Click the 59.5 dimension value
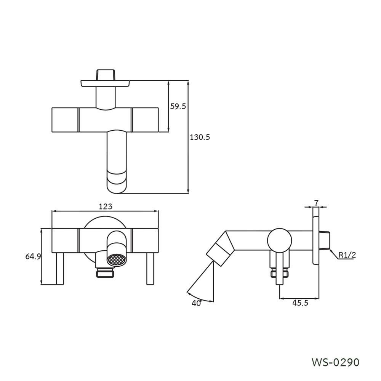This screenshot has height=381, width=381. click(x=178, y=107)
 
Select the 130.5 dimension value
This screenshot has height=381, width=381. click(x=200, y=137)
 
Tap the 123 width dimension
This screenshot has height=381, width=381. click(x=106, y=207)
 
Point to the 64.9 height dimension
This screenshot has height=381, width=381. click(x=33, y=256)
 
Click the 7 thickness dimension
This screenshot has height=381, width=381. click(x=316, y=203)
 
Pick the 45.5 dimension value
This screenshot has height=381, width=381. click(x=300, y=303)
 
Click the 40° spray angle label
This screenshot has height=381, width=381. click(x=197, y=303)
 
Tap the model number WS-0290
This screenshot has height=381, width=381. click(x=335, y=362)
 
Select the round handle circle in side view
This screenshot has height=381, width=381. click(x=280, y=240)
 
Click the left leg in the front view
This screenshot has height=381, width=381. click(x=60, y=269)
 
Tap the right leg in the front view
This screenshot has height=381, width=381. click(x=150, y=269)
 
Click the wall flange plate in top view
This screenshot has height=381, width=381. click(x=105, y=83)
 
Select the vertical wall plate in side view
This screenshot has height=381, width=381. click(x=316, y=236)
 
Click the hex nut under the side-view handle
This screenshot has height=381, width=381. click(x=279, y=273)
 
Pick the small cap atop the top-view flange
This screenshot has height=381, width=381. click(x=106, y=74)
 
